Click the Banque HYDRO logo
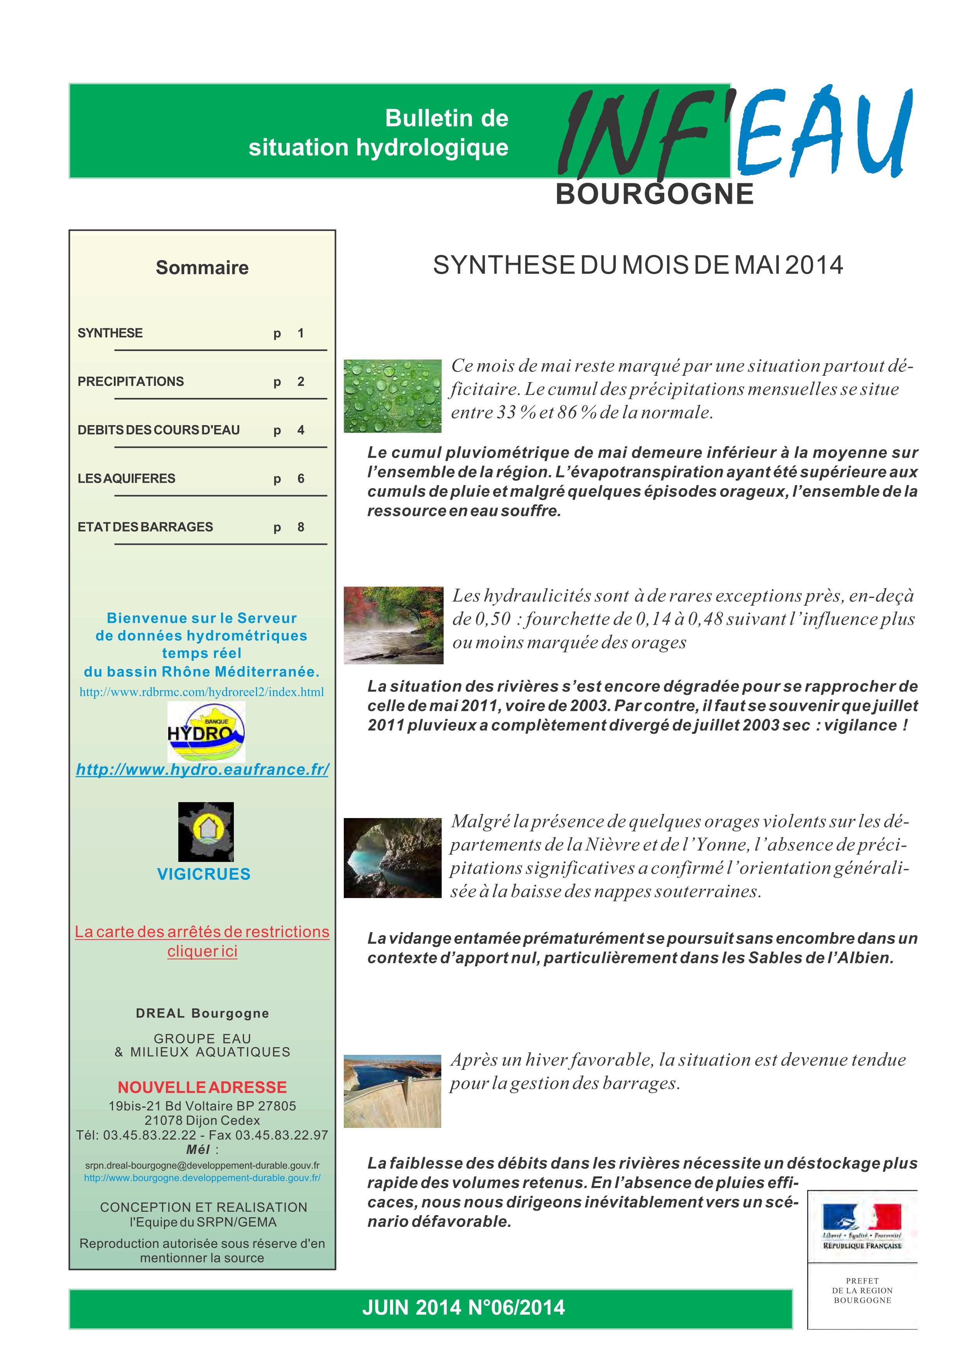pyautogui.click(x=206, y=732)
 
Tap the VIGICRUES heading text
pyautogui.click(x=204, y=874)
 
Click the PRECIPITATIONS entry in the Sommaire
pyautogui.click(x=131, y=381)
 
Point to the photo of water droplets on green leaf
pyautogui.click(x=392, y=396)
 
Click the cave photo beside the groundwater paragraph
pyautogui.click(x=392, y=857)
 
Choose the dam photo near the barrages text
pyautogui.click(x=392, y=1091)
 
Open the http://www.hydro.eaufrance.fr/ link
pyautogui.click(x=202, y=770)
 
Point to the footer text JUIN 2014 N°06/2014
pyautogui.click(x=463, y=1307)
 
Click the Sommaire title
pyautogui.click(x=202, y=268)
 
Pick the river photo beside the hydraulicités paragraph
pyautogui.click(x=394, y=625)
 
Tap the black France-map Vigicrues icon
pyautogui.click(x=206, y=832)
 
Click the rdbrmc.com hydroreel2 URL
pyautogui.click(x=202, y=692)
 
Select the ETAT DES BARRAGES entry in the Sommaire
pyautogui.click(x=145, y=527)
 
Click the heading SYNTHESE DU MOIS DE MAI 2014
pyautogui.click(x=638, y=265)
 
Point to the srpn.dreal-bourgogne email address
pyautogui.click(x=202, y=1165)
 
